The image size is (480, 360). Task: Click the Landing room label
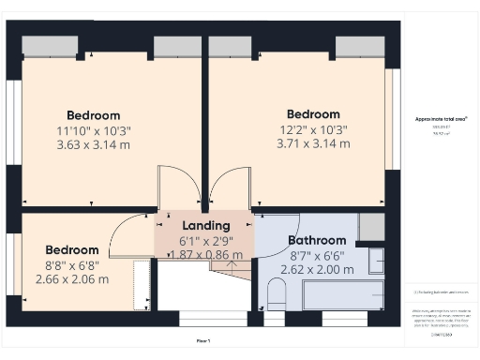[204, 226]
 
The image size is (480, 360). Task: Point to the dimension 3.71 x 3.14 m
[313, 144]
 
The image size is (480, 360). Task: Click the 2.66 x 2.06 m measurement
[72, 278]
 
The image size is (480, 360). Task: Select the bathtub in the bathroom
[341, 297]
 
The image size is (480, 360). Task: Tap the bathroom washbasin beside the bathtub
[376, 262]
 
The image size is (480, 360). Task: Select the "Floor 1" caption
[203, 340]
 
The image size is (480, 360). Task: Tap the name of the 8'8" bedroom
[72, 250]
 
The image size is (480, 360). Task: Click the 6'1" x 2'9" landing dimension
[204, 241]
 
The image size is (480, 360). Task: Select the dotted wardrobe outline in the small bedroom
[142, 285]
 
